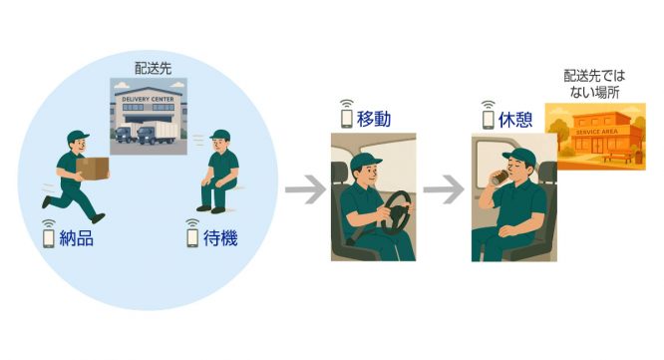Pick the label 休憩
[x=516, y=118]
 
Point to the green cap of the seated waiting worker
[x=220, y=136]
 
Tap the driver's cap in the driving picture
[x=367, y=163]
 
